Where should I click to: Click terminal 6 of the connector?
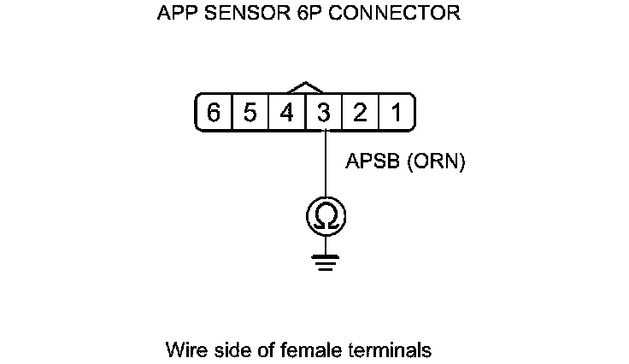point(214,113)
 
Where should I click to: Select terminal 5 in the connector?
point(250,113)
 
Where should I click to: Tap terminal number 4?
point(287,113)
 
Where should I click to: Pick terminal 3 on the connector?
point(324,113)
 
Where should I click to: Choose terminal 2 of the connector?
point(361,113)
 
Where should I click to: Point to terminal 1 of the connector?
point(397,113)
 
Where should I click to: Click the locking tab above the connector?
point(306,87)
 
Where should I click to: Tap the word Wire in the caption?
point(184,350)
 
